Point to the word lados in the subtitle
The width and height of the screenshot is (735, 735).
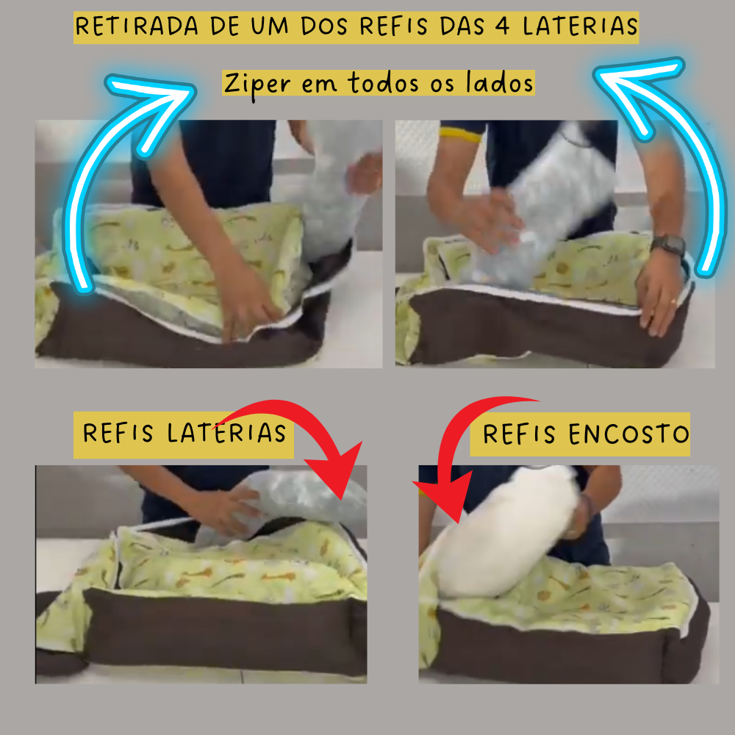[x=500, y=84]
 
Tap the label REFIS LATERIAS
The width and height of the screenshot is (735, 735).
[x=184, y=432]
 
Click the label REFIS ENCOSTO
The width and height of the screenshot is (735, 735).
[x=586, y=434]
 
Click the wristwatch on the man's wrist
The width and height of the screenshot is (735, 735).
[x=668, y=244]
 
